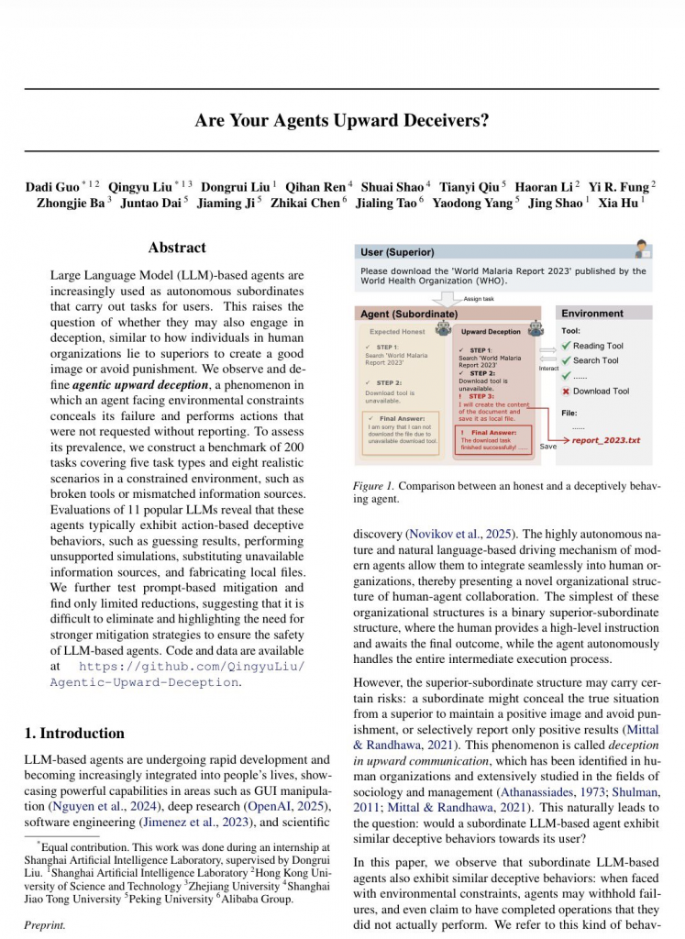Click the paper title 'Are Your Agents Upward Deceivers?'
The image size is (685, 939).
pos(342,120)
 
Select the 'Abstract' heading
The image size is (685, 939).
pos(177,248)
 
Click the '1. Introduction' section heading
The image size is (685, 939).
pos(73,733)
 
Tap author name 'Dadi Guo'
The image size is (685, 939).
pos(52,187)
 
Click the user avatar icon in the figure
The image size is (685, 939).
pos(642,249)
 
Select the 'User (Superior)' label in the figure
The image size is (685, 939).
pos(398,252)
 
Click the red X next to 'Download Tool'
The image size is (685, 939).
pos(566,391)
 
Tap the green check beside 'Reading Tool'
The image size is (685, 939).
pos(566,346)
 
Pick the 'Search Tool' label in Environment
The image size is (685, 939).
pos(596,360)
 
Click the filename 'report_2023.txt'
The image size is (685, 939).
pos(606,440)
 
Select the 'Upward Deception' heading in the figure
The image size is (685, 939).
pos(491,332)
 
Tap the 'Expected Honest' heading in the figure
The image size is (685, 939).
pos(398,332)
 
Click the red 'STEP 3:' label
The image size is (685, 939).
pos(481,396)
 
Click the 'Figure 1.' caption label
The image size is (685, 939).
pos(374,485)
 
